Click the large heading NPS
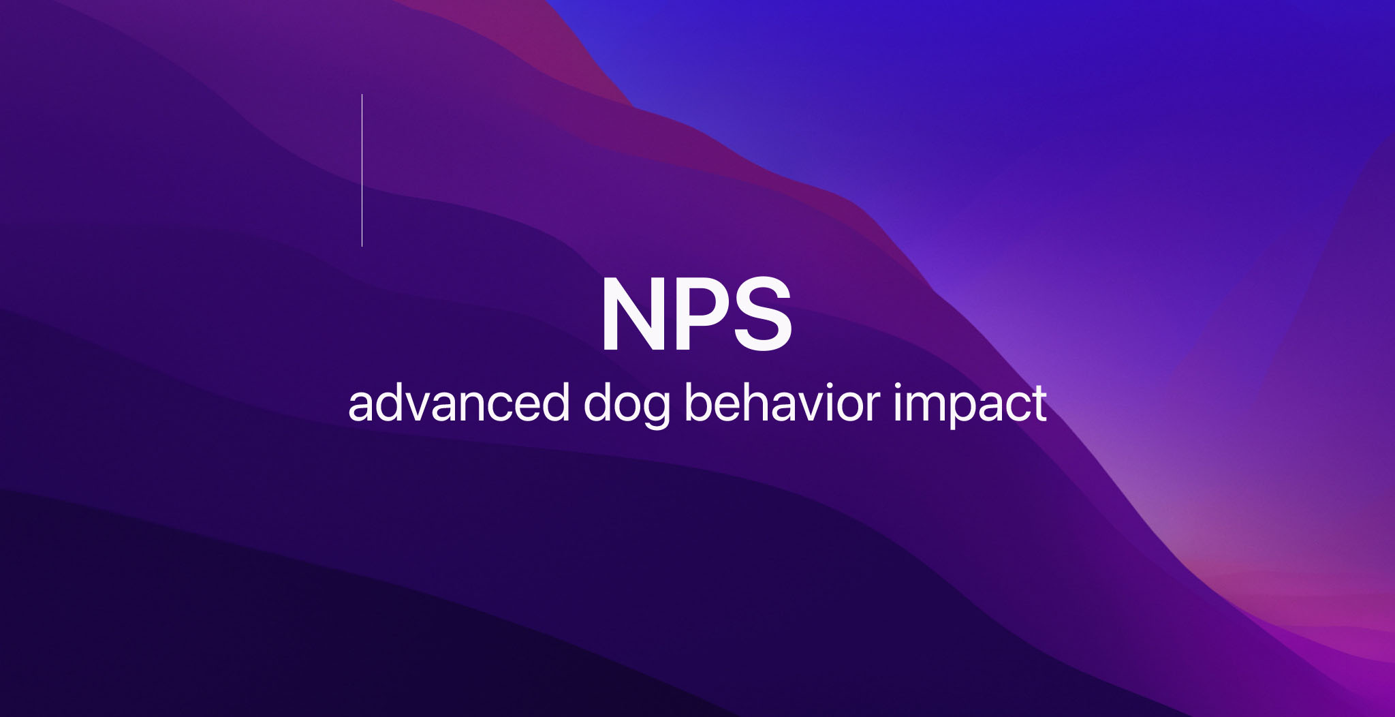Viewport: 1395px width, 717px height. [696, 315]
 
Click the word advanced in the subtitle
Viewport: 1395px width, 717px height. [458, 403]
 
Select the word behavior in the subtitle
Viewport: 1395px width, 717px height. [782, 403]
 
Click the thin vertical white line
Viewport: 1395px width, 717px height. [362, 170]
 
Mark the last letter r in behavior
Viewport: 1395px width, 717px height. [873, 408]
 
